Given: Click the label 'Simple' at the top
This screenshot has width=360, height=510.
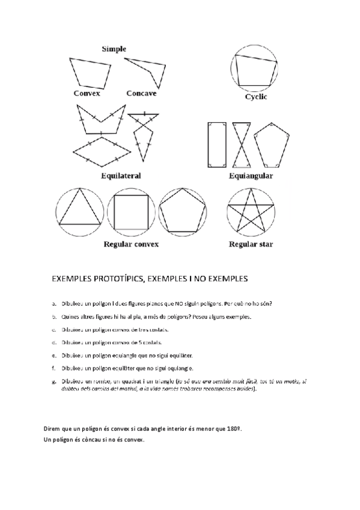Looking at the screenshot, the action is tap(114, 49).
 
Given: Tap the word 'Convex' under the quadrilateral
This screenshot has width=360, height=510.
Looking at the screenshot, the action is tap(87, 93).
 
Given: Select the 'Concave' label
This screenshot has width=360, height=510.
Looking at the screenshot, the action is tap(141, 93).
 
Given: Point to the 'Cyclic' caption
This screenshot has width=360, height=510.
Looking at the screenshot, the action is tap(256, 97).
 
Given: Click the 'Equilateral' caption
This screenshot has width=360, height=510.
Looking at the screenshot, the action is tap(121, 176).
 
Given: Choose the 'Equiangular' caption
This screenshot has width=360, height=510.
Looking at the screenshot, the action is tap(251, 176).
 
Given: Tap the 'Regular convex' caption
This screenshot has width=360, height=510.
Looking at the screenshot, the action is tap(131, 244).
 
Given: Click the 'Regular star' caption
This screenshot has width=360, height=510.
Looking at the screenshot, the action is tap(252, 244).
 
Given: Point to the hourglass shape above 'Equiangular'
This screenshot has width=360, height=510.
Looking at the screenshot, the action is tap(241, 145).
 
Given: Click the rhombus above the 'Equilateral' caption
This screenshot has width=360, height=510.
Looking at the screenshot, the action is tap(102, 151).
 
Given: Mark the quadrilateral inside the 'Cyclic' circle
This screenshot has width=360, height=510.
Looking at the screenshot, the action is tap(256, 71).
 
